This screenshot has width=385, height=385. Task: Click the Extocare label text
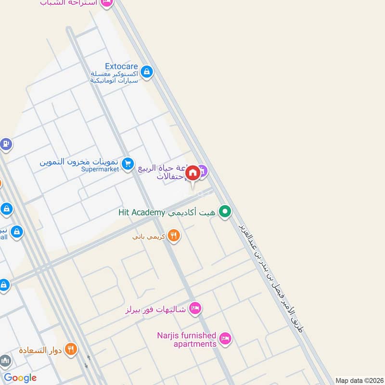pos(122,66)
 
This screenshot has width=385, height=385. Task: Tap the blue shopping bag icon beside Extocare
pos(147,73)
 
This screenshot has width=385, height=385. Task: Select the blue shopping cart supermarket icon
pos(128,165)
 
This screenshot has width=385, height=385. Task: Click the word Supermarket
pos(100,169)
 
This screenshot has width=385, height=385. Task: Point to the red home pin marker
pos(192,173)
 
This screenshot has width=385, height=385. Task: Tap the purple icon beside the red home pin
pos(203,170)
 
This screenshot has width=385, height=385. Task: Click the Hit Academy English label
pos(142,212)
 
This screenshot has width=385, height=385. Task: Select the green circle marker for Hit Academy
pos(224,212)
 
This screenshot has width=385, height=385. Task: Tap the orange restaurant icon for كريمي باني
pos(174,236)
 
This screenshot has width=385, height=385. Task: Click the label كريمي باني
pos(149,237)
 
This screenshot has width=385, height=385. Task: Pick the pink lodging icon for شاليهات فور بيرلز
pos(195,308)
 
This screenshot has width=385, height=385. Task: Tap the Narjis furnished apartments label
pos(187,340)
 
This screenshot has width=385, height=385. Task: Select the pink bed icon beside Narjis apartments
pos(225,339)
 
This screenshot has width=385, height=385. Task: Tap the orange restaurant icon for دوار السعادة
pos(71,349)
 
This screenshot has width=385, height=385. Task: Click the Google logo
pos(20,378)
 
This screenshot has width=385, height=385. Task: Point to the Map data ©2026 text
pos(359,380)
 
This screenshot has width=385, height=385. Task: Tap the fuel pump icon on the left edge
pos(5,144)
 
